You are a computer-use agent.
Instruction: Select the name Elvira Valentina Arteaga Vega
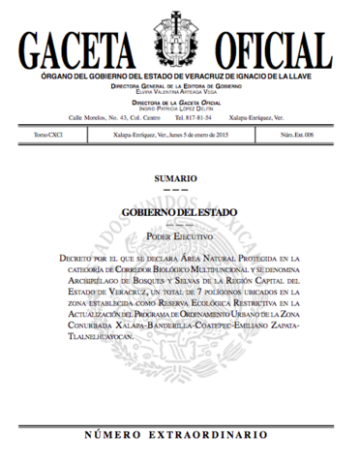[x=180, y=91]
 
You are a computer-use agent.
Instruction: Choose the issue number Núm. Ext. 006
[x=322, y=136]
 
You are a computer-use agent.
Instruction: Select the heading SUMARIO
[x=180, y=178]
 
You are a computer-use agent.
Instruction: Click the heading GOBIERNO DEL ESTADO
[x=180, y=212]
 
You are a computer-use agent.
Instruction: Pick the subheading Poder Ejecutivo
[x=180, y=235]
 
